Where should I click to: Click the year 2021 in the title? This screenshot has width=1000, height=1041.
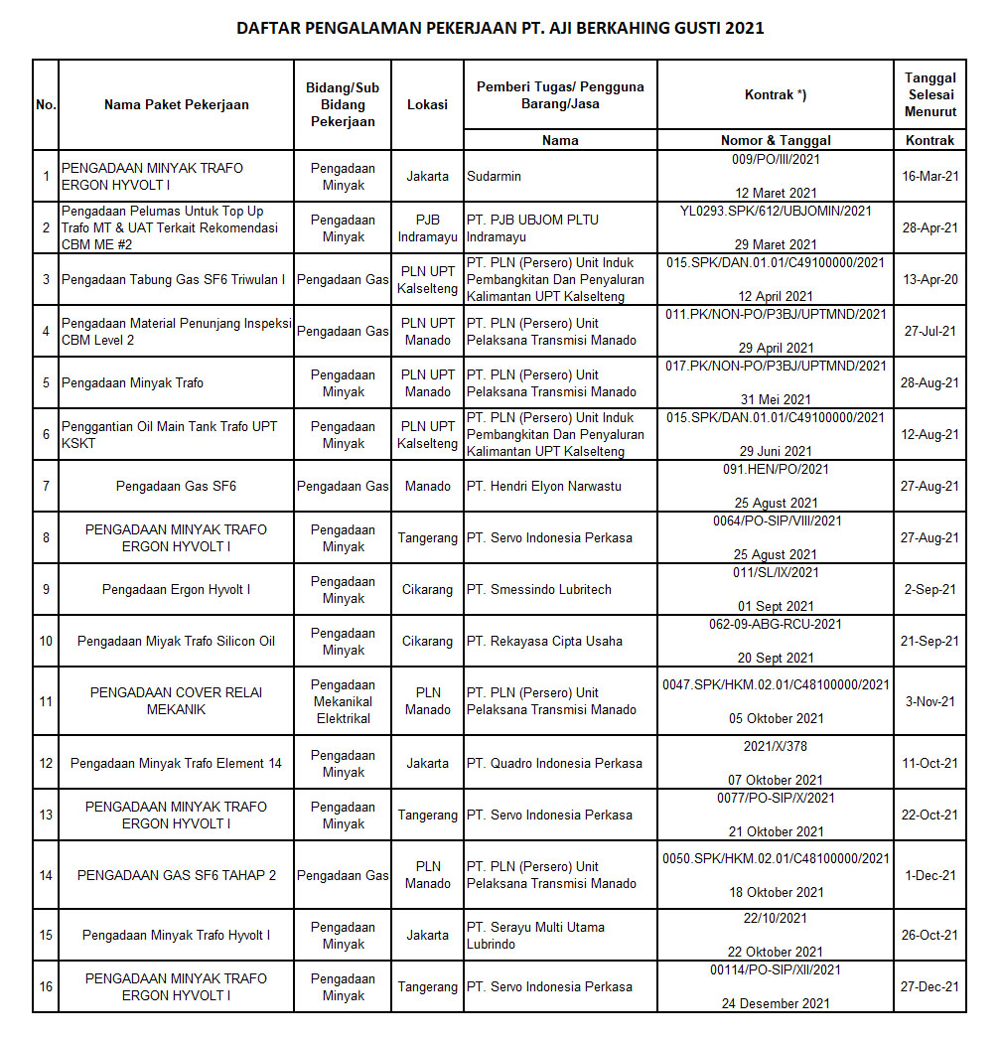click(745, 28)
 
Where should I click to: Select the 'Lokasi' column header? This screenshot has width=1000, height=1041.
click(427, 104)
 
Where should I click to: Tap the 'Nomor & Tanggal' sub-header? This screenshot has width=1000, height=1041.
click(775, 140)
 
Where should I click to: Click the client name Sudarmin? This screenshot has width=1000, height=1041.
click(494, 177)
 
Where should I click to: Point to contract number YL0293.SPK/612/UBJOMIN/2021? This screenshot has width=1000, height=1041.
click(776, 211)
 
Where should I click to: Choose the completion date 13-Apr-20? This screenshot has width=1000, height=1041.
click(929, 280)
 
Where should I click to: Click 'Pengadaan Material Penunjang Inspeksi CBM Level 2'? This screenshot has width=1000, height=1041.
click(175, 332)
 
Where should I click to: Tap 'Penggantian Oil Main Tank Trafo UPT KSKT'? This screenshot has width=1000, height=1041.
click(169, 435)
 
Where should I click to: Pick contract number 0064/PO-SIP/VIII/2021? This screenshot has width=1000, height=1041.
click(776, 520)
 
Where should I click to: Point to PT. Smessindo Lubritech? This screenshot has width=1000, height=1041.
click(539, 590)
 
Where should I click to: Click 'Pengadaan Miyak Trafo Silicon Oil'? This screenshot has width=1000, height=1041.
click(176, 642)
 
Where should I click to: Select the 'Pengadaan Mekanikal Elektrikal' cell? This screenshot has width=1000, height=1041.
click(343, 701)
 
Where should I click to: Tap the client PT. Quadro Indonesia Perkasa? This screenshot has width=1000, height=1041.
click(554, 764)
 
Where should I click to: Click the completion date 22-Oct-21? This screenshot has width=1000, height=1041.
click(929, 816)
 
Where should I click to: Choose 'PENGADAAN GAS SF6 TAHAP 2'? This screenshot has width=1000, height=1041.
click(176, 876)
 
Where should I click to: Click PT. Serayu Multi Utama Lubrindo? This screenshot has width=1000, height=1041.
click(535, 936)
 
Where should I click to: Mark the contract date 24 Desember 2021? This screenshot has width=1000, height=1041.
click(776, 1004)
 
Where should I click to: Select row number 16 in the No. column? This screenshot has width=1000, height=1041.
click(46, 987)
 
